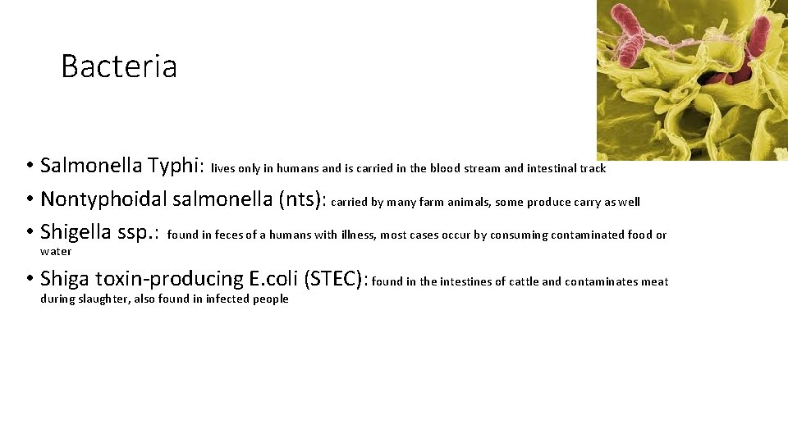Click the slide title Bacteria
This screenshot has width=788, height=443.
pyautogui.click(x=119, y=66)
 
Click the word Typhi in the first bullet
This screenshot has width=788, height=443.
pyautogui.click(x=176, y=167)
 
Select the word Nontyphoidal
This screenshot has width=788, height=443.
pyautogui.click(x=104, y=199)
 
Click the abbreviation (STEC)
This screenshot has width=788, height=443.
pyautogui.click(x=337, y=280)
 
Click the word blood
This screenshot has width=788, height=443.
pyautogui.click(x=444, y=168)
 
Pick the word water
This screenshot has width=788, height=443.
pyautogui.click(x=56, y=251)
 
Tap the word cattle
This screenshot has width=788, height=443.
pyautogui.click(x=523, y=282)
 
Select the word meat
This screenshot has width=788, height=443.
pyautogui.click(x=655, y=282)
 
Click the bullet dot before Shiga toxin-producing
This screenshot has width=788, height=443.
pyautogui.click(x=29, y=281)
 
